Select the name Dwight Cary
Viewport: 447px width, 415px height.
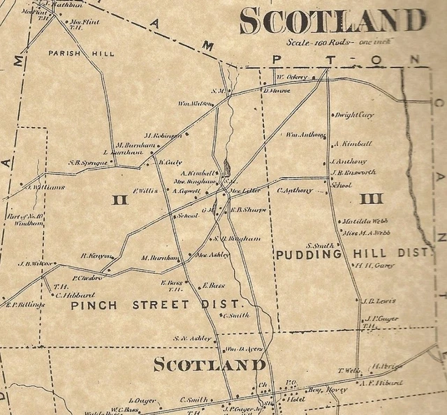354,115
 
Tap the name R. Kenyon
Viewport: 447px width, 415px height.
96,256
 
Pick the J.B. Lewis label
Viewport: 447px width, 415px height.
379,301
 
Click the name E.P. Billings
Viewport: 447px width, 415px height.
24,305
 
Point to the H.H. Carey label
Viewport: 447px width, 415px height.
374,265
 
